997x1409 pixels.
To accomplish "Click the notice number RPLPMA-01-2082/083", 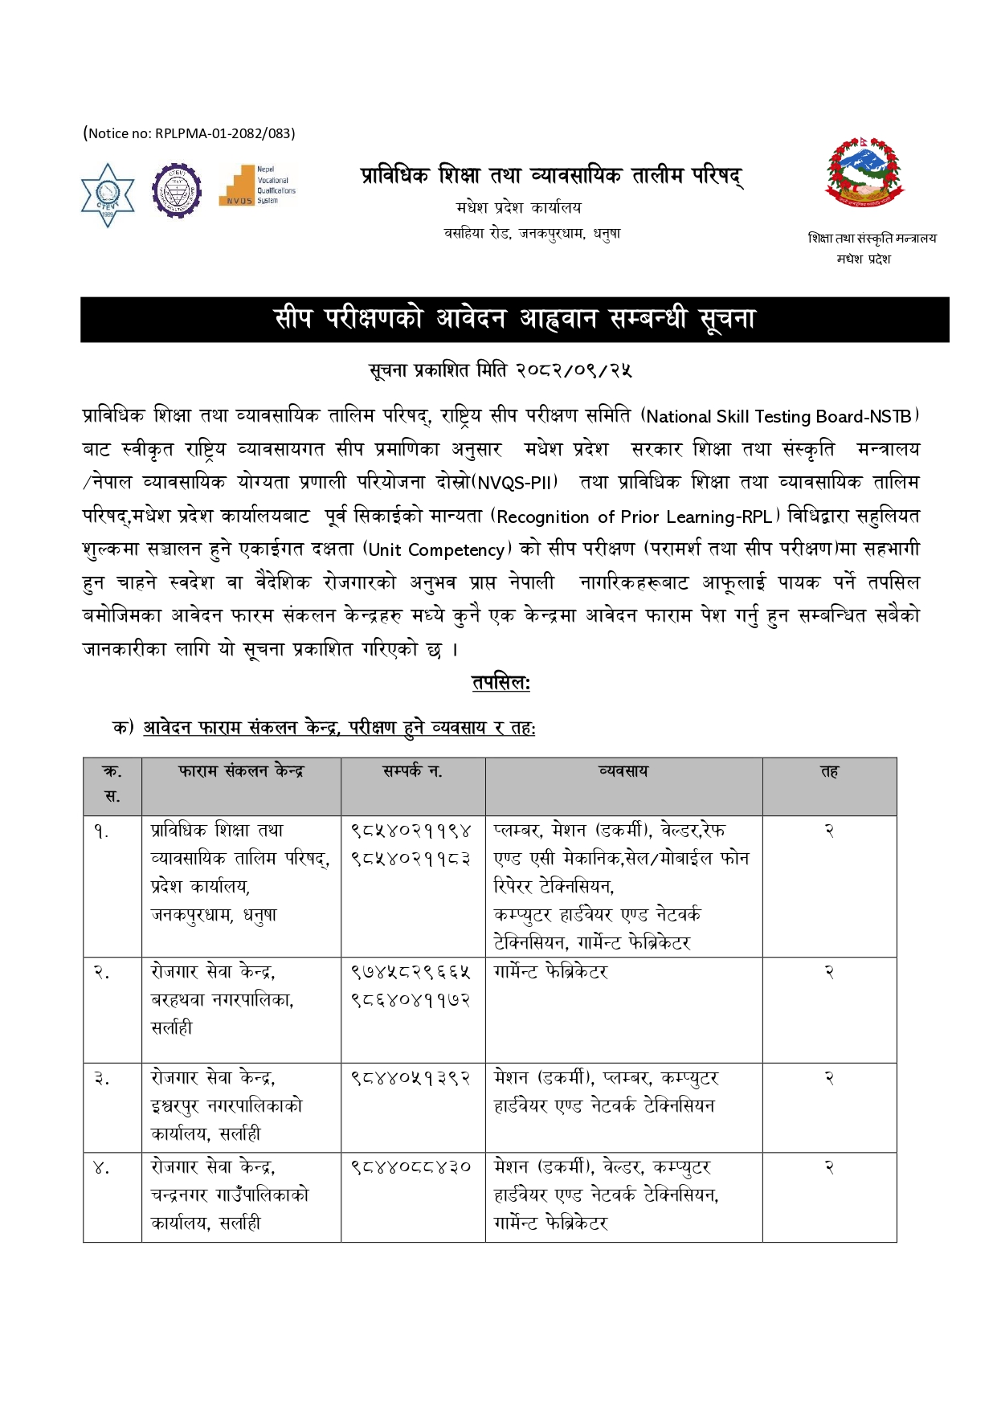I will coord(190,133).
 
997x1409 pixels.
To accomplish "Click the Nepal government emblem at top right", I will coord(864,173).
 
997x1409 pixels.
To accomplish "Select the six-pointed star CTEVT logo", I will coord(108,195).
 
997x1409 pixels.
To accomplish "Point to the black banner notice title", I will coord(514,320).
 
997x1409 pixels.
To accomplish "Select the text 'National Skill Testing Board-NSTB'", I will coord(779,416).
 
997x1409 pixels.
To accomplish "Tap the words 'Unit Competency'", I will coord(436,550).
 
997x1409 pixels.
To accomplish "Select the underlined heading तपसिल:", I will coord(501,684).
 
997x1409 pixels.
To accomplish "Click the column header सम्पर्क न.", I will coord(412,771).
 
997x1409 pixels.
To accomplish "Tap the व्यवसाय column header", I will coord(623,771).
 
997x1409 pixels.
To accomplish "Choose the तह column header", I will coord(829,771).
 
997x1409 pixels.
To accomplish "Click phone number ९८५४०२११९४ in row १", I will coord(411,831).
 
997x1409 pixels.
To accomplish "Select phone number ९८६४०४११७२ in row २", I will coord(411,1000).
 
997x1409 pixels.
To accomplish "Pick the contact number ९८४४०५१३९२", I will coord(411,1078).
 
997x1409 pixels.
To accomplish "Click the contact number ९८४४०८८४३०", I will coord(411,1167).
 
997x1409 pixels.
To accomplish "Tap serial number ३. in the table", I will coord(101,1079).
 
